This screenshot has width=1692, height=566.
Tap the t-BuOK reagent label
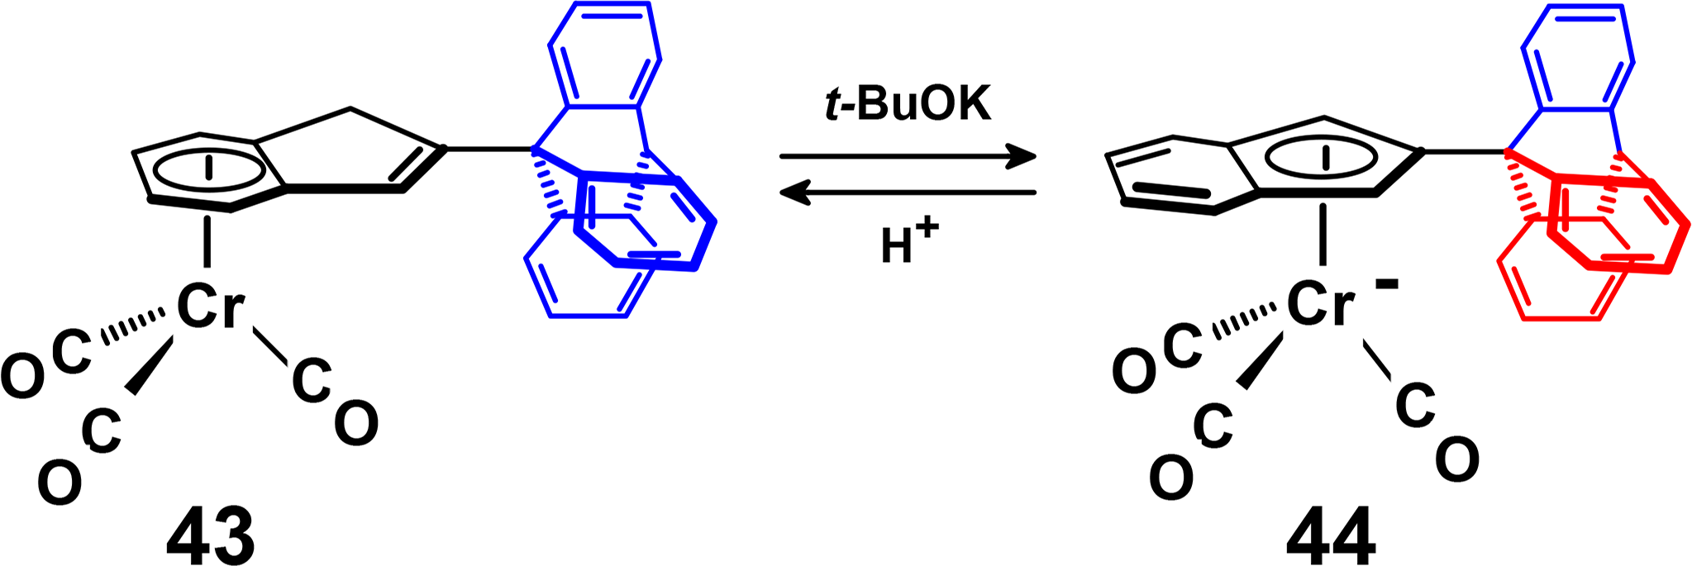pyautogui.click(x=908, y=107)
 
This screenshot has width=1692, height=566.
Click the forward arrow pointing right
pyautogui.click(x=908, y=156)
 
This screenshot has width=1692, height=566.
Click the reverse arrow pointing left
pyautogui.click(x=908, y=193)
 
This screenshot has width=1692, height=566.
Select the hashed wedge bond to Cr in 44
pyautogui.click(x=1245, y=325)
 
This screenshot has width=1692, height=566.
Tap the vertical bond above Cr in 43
pyautogui.click(x=207, y=239)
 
